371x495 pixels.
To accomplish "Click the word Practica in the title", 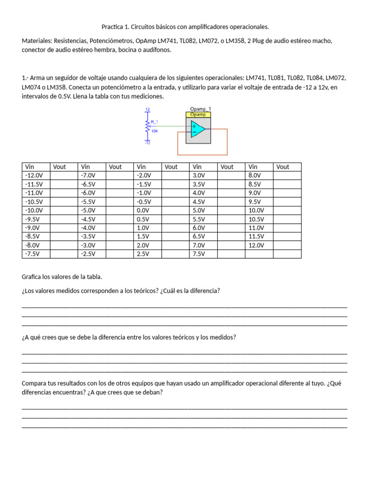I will coord(113,27).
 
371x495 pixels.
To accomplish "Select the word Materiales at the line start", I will coord(37,41).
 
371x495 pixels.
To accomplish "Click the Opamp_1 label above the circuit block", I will coord(200,109).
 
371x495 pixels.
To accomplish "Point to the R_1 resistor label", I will coord(155,121).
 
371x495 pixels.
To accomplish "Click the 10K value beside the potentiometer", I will coord(155,131).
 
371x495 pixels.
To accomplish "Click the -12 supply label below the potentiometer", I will coord(147,143).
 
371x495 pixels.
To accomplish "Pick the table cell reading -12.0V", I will coord(34,175).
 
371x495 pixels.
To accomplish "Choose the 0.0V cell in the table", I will coord(143,210).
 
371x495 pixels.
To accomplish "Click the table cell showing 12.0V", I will coord(257,245).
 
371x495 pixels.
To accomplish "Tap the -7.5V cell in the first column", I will coord(33,254).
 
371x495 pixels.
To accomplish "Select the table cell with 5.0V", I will coord(199,210).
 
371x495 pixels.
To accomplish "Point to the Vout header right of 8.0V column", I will coord(283,167).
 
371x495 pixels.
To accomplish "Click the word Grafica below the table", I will coord(33,277).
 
